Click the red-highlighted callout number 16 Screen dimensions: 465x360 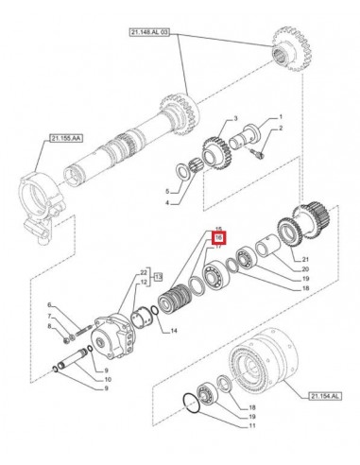pos(218,239)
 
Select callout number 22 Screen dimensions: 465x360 pos(145,272)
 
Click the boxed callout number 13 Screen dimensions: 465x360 pos(159,278)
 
